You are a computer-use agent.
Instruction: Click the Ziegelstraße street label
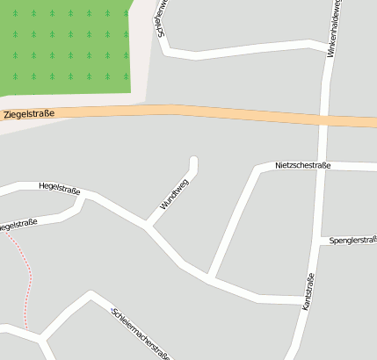click(x=29, y=114)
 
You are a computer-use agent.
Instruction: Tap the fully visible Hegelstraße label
click(x=60, y=186)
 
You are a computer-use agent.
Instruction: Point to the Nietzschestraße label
click(x=302, y=165)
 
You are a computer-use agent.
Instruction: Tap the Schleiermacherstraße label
click(x=141, y=335)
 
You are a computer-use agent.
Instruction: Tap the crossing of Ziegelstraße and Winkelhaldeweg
click(x=324, y=119)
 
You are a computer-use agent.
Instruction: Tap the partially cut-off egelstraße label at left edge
click(x=18, y=225)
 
